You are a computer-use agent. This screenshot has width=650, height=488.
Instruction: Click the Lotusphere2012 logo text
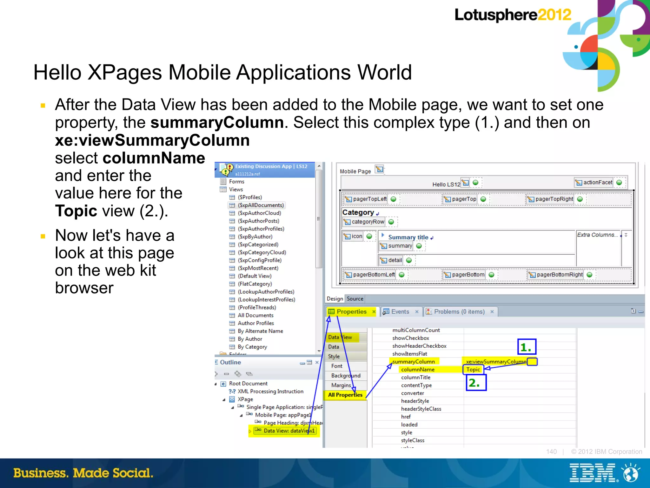tap(512, 15)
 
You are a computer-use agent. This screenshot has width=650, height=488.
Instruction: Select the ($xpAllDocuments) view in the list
tap(261, 205)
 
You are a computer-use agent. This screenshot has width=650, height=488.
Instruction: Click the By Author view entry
tap(250, 339)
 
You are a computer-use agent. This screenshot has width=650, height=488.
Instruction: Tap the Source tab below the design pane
tap(355, 299)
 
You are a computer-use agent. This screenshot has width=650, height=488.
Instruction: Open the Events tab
tap(400, 311)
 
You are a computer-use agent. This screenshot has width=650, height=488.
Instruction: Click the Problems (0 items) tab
tap(459, 311)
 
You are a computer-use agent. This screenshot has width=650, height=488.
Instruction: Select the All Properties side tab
tap(345, 395)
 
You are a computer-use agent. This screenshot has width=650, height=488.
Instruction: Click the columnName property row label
tap(418, 369)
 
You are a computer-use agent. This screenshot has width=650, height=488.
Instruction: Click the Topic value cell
tap(473, 369)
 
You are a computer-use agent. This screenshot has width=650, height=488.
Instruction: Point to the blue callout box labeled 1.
tap(527, 347)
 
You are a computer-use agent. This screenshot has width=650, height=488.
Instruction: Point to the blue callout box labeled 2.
tap(476, 383)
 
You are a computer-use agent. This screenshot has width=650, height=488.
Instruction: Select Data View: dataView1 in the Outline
tap(289, 431)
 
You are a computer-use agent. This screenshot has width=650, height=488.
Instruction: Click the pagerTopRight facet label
tap(554, 199)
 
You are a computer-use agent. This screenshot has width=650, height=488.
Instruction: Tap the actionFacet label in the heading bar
tap(597, 182)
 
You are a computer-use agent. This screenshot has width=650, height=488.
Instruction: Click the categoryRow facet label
tap(368, 222)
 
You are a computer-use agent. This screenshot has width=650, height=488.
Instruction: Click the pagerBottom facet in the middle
tap(468, 275)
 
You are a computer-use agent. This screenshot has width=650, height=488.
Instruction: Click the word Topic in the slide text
tap(76, 211)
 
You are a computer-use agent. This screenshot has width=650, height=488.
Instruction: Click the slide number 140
tap(551, 451)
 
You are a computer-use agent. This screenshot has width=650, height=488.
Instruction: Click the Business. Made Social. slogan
tap(83, 473)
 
